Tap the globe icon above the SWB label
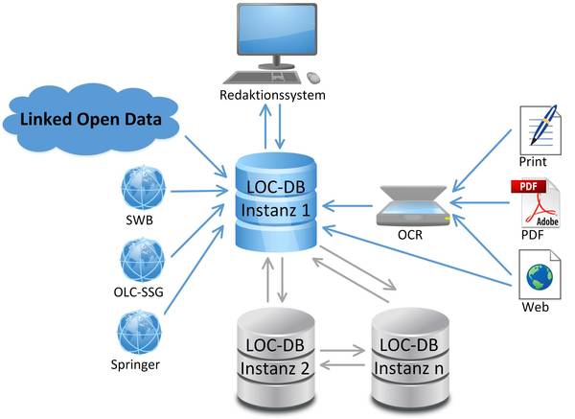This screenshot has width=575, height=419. (140, 189)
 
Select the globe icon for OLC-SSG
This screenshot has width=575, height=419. (140, 259)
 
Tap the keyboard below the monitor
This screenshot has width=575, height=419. (267, 76)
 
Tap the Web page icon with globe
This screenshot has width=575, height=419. (540, 272)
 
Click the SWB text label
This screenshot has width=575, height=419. (140, 221)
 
